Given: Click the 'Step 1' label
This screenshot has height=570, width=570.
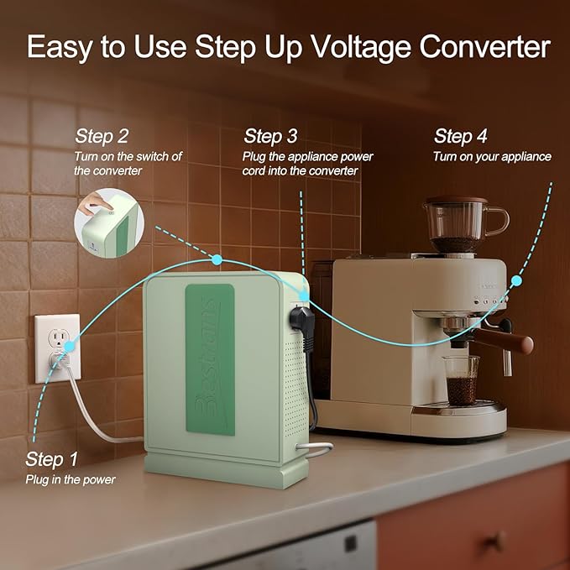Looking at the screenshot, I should (x=52, y=459).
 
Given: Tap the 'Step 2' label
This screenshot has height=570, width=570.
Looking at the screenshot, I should (x=102, y=136).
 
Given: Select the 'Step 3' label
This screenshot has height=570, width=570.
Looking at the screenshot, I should (x=270, y=136).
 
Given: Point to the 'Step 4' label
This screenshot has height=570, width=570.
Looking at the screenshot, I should (x=460, y=136).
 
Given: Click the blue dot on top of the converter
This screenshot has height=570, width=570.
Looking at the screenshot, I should (x=217, y=259).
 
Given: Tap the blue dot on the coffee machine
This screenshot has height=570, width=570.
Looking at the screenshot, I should (x=516, y=281).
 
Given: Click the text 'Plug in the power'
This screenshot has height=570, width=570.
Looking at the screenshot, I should (x=71, y=479).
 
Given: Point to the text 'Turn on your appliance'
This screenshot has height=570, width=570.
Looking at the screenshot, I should (x=492, y=156).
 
